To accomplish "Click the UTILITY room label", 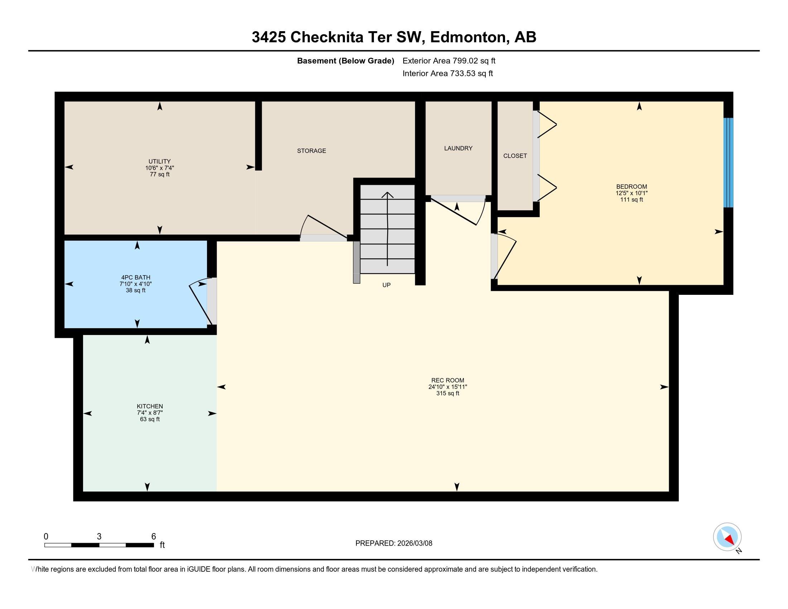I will coord(159,161).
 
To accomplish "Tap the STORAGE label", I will coord(311,151).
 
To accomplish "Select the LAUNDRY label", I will coord(458,148).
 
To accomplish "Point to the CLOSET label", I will coord(515,156).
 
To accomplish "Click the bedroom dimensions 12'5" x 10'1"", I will coord(631,193).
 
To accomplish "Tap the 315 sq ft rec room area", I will coord(447,393).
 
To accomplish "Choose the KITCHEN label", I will coord(150,406).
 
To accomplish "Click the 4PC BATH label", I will coord(136,277).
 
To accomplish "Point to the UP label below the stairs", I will coord(386,285).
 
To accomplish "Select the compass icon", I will coord(727,537).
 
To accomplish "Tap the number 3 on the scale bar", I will coord(99,537).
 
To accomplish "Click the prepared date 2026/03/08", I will coord(414,543).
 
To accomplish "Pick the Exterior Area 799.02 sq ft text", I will coord(449,61).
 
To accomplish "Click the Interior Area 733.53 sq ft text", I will coord(447,73).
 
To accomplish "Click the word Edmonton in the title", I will coord(467,37).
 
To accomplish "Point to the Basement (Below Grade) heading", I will coord(345,61).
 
